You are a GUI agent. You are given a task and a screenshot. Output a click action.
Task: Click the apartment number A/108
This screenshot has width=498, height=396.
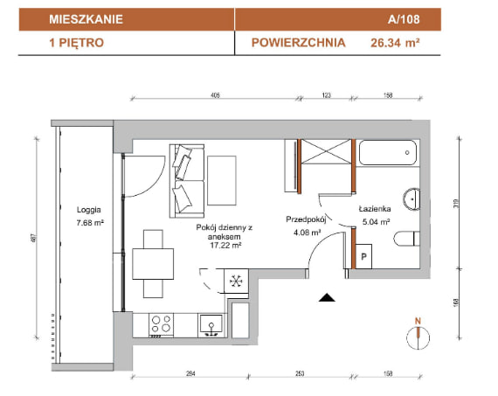[x=404, y=19]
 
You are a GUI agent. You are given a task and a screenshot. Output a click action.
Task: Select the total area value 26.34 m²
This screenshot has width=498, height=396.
[x=395, y=43]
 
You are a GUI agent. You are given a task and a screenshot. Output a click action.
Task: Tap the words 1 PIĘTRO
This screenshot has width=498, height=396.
[x=77, y=43]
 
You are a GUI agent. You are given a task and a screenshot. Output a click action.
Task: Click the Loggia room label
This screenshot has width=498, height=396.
[x=89, y=210]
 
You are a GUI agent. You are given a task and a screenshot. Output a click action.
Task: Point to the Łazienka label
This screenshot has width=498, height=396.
[x=375, y=209]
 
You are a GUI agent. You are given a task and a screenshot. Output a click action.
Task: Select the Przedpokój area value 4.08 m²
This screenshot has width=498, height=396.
[x=307, y=233]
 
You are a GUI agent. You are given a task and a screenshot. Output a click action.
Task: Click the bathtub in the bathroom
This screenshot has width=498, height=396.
[x=387, y=153]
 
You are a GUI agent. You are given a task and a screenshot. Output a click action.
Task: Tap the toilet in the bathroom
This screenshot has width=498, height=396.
[x=406, y=239]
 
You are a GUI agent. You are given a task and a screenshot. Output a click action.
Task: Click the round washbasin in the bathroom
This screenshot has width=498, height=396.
[x=412, y=199]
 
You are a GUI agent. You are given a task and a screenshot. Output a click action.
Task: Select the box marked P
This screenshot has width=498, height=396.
[x=363, y=256]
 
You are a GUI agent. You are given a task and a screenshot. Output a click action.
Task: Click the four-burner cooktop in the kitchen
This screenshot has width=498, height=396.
[x=161, y=324]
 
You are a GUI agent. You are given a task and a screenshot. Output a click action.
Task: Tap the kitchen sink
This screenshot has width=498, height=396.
[x=211, y=325]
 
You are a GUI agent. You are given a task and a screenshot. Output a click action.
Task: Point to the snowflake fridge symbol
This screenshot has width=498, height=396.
[x=236, y=281]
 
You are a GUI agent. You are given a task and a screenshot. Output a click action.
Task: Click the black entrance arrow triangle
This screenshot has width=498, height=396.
[x=327, y=297]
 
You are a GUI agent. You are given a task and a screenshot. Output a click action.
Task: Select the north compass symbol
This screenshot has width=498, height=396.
[x=418, y=336]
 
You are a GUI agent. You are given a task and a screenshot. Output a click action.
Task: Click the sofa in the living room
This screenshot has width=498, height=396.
[x=187, y=181]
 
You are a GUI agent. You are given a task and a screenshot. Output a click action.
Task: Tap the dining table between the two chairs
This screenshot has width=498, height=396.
[x=153, y=264]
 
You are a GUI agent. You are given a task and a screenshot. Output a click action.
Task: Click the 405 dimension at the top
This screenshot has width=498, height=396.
[x=215, y=95]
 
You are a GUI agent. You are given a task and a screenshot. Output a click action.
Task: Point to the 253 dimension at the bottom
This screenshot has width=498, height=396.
[x=300, y=373]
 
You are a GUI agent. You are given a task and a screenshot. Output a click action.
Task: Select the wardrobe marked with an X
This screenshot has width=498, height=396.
[x=326, y=151]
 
